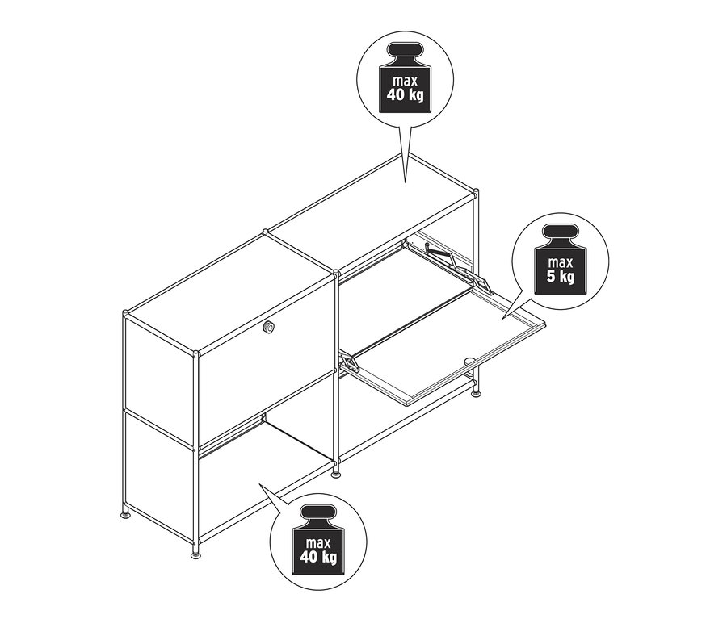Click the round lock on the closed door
point(268,327)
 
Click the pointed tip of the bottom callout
point(258,483)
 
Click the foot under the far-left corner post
point(125,510)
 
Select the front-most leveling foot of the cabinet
point(196,553)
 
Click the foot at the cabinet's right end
point(476,392)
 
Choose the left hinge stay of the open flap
point(349,362)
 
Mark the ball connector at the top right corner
point(476,192)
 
